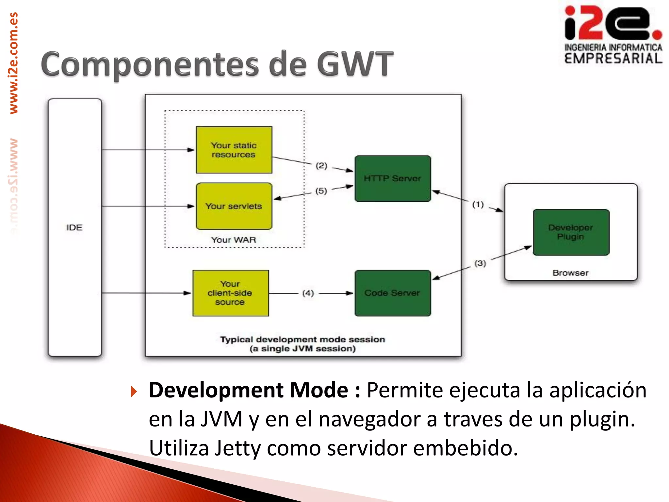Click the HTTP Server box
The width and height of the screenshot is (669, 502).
point(393,178)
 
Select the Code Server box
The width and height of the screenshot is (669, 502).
point(393,293)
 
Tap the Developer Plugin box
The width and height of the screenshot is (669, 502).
point(571,232)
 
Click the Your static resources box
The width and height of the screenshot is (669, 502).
point(234,150)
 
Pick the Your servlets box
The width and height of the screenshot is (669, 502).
point(234,206)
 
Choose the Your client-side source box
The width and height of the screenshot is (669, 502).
point(231,293)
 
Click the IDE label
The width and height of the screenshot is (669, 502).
point(74,227)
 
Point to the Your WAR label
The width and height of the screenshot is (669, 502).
point(234,240)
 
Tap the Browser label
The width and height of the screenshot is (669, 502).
point(570,273)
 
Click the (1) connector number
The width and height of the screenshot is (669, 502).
point(478,205)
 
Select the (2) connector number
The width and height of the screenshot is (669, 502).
point(321,166)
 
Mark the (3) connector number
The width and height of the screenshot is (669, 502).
point(480,263)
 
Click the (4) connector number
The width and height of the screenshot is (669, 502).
point(308,293)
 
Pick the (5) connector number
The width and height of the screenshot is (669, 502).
point(321,191)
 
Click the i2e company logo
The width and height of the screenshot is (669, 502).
point(613,34)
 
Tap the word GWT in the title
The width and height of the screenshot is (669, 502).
point(355,64)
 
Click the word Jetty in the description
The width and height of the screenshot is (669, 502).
point(237,448)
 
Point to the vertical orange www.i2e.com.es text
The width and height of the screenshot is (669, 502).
point(14,63)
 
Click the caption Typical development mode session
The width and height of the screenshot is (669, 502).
point(302,340)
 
